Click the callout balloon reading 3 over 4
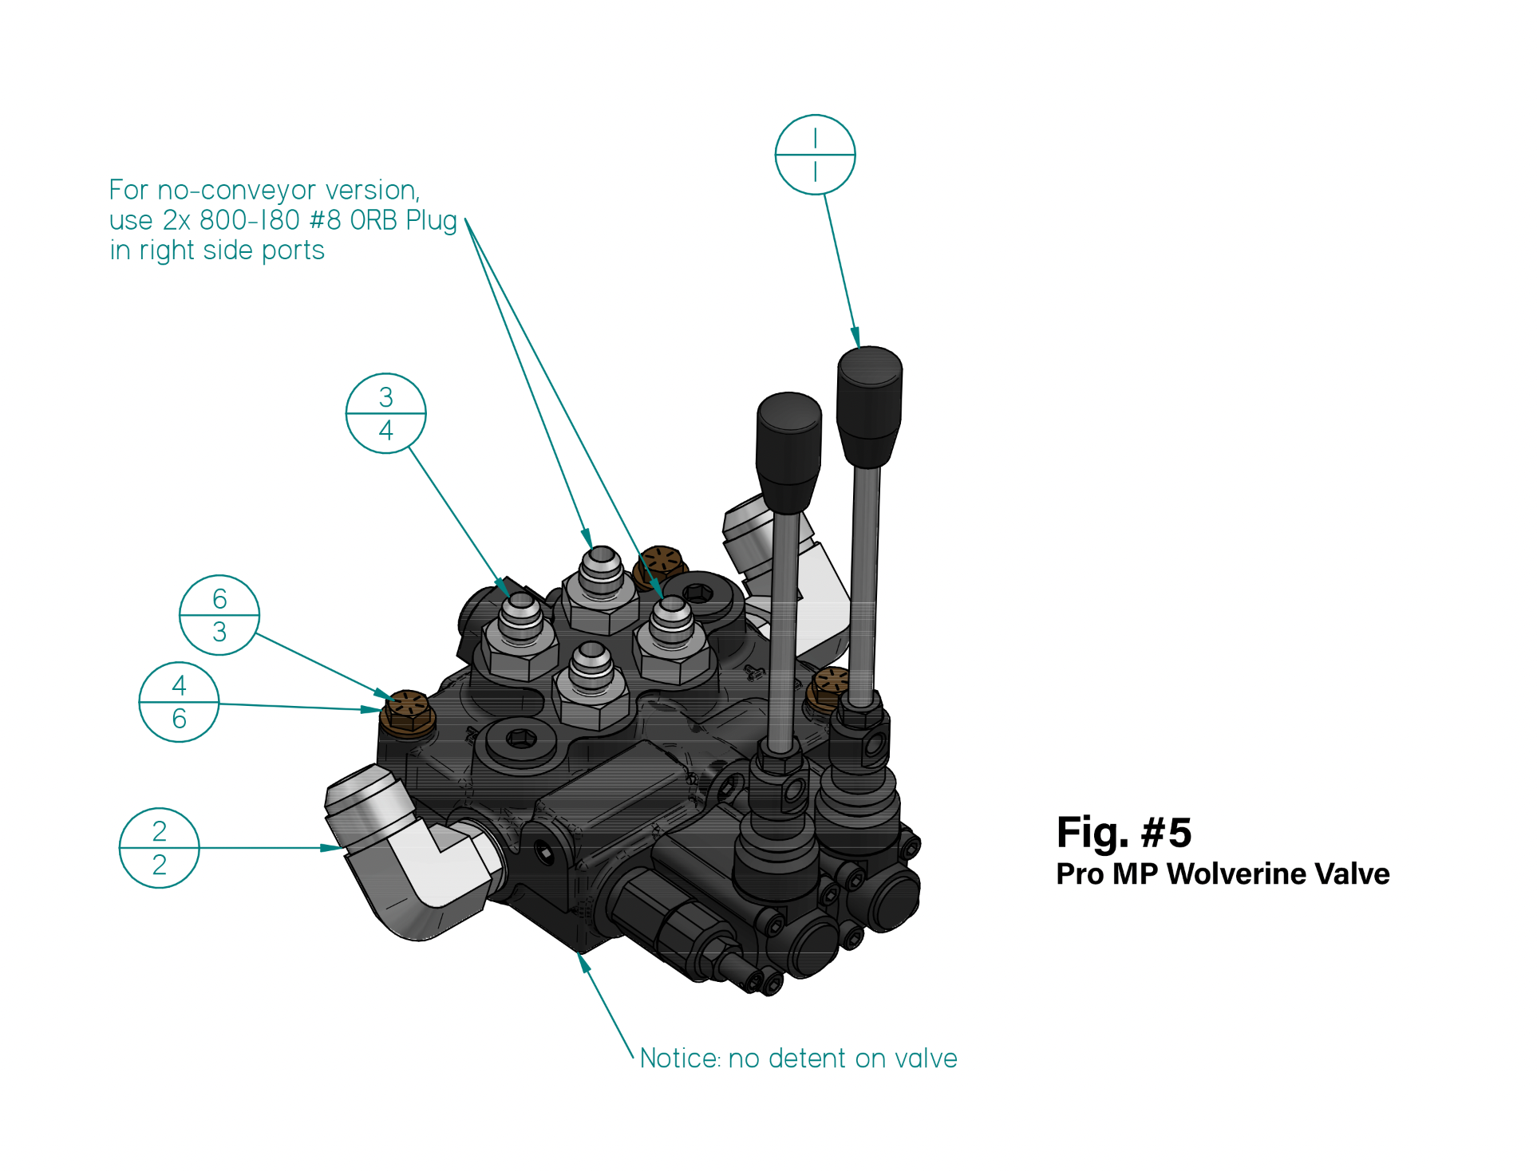[x=386, y=413]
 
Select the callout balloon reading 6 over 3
[x=219, y=615]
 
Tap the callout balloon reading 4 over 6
[x=179, y=702]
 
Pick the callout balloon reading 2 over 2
[x=160, y=848]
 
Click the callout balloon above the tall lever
[x=815, y=155]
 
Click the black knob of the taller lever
[x=869, y=403]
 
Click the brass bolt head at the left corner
[x=407, y=712]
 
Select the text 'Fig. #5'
[x=1124, y=833]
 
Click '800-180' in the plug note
[x=249, y=220]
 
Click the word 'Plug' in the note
[x=431, y=221]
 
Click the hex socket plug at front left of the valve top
[x=521, y=739]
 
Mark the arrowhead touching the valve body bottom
[x=584, y=963]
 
